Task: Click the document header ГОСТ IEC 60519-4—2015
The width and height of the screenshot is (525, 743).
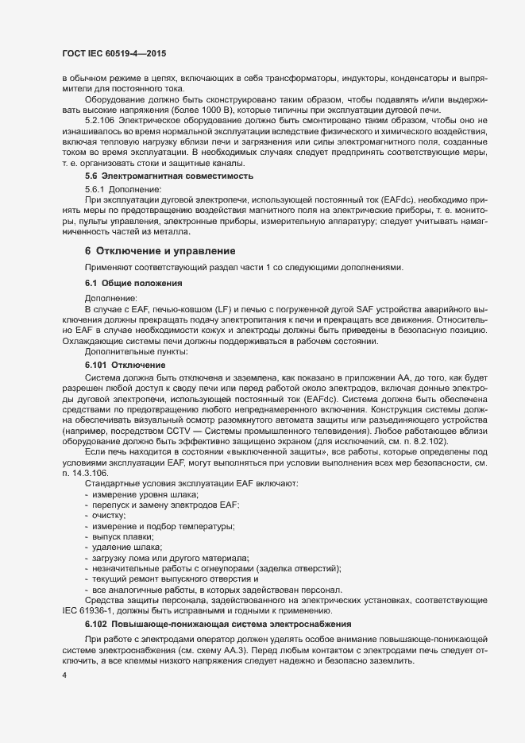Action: [x=110, y=53]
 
